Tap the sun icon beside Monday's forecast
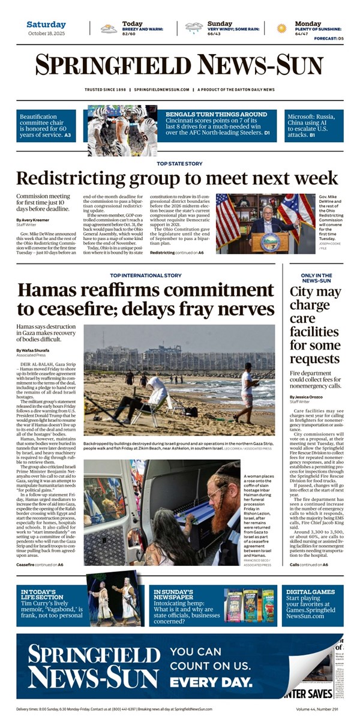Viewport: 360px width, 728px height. [281, 28]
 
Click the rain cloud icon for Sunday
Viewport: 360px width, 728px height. [194, 28]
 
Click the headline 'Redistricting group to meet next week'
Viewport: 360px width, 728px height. [177, 178]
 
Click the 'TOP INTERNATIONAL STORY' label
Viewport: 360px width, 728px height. [146, 275]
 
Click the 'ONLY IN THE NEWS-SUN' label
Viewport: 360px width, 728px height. [317, 278]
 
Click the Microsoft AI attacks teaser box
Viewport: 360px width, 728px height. [314, 125]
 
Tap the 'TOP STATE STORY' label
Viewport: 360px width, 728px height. [179, 163]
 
